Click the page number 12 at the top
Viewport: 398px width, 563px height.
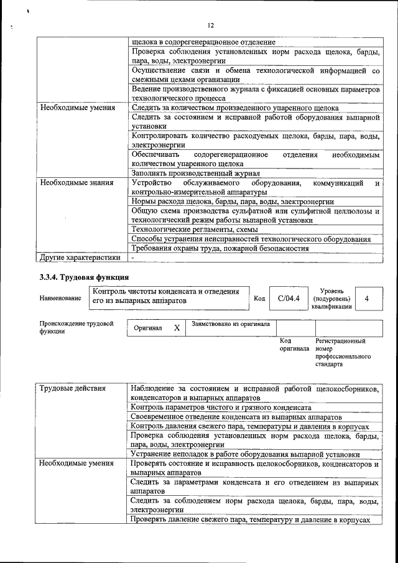coord(210,26)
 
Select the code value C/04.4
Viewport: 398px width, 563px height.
coord(289,298)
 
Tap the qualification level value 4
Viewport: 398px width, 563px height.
coord(366,299)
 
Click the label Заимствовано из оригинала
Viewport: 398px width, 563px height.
coord(230,324)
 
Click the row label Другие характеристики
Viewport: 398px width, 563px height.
coord(80,257)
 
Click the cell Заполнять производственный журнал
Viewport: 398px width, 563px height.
coord(195,173)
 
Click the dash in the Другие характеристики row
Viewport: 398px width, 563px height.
coord(132,257)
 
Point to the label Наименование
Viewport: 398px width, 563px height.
coord(60,299)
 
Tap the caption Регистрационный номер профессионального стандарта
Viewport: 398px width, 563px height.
coord(342,353)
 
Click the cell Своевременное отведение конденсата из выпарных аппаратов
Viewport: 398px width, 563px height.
coord(236,417)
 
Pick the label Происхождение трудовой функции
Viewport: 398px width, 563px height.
coord(76,328)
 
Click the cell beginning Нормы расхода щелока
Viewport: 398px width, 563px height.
coord(233,202)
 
